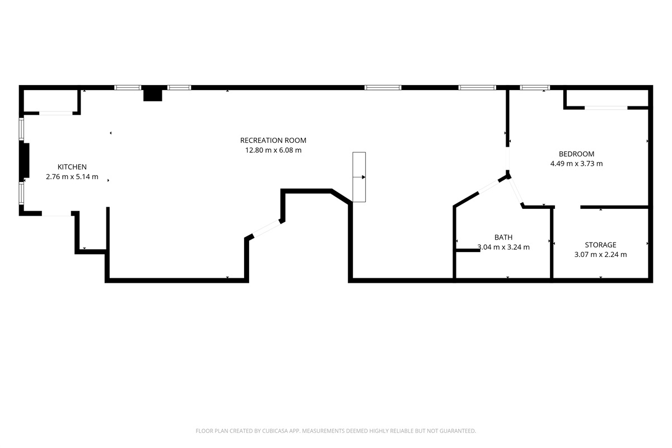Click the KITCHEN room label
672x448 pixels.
(x=72, y=167)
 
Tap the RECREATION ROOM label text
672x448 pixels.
(x=273, y=141)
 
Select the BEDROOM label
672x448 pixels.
(x=576, y=154)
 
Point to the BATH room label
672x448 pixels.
(x=503, y=237)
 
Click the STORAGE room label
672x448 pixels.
(x=600, y=245)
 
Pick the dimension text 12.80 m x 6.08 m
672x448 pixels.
(x=273, y=150)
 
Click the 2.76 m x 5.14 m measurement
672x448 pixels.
(x=72, y=177)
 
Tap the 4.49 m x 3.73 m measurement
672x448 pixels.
(x=576, y=164)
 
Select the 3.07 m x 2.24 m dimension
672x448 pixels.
(x=600, y=254)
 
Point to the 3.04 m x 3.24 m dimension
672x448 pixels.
(x=503, y=247)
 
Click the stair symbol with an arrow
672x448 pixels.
(x=359, y=177)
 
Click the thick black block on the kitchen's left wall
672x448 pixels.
(x=25, y=161)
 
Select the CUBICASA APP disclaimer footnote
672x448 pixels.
(x=336, y=431)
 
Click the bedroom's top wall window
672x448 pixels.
(x=535, y=87)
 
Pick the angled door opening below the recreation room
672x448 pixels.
(x=267, y=228)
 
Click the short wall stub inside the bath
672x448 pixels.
(x=468, y=250)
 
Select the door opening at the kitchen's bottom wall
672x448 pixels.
(x=57, y=214)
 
